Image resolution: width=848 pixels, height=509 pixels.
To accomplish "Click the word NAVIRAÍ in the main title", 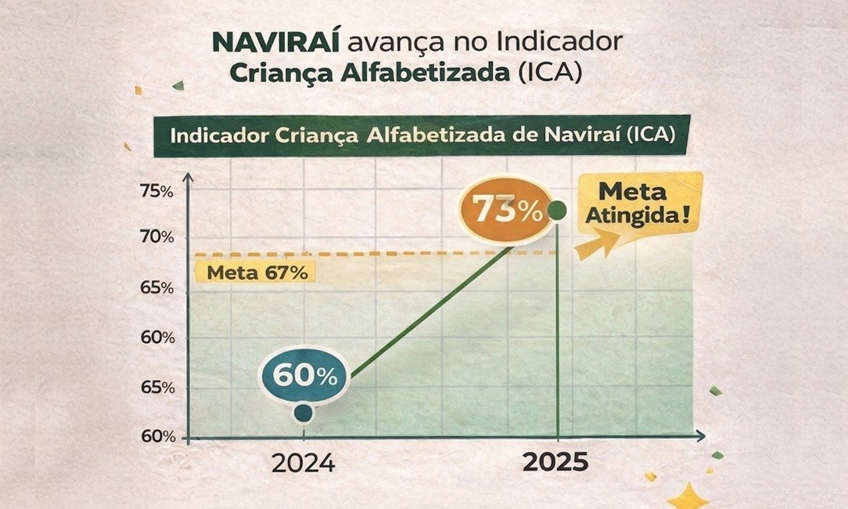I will coord(275,42).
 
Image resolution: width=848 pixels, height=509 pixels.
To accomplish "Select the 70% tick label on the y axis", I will coord(157,237).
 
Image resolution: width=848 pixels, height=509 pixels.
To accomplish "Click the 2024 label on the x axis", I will coord(303,464).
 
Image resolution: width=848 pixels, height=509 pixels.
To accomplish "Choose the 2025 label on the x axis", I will coord(555,463).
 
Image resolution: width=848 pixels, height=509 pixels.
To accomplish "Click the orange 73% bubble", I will coord(505,210).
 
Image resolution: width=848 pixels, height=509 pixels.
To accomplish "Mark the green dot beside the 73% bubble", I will coord(557,210).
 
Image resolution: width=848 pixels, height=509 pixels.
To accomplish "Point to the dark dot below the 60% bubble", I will coord(304,412).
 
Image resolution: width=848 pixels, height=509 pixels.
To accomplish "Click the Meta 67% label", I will coord(257,273).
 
